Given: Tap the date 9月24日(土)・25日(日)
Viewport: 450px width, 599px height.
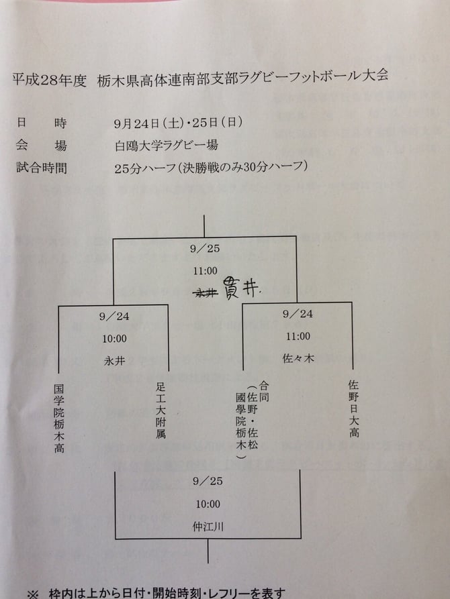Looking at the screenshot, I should coord(174,123).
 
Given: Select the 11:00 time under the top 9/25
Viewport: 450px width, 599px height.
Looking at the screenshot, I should coord(205,270).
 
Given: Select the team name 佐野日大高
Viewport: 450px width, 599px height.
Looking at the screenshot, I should coord(353,409).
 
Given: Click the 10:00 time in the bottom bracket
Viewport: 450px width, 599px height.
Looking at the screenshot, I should coord(206,504).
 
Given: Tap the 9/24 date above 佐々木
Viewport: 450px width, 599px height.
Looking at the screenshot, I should coord(297,314).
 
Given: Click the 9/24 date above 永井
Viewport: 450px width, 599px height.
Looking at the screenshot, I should coord(114,314).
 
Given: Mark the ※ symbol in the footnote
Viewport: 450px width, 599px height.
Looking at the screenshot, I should coord(32,593).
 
